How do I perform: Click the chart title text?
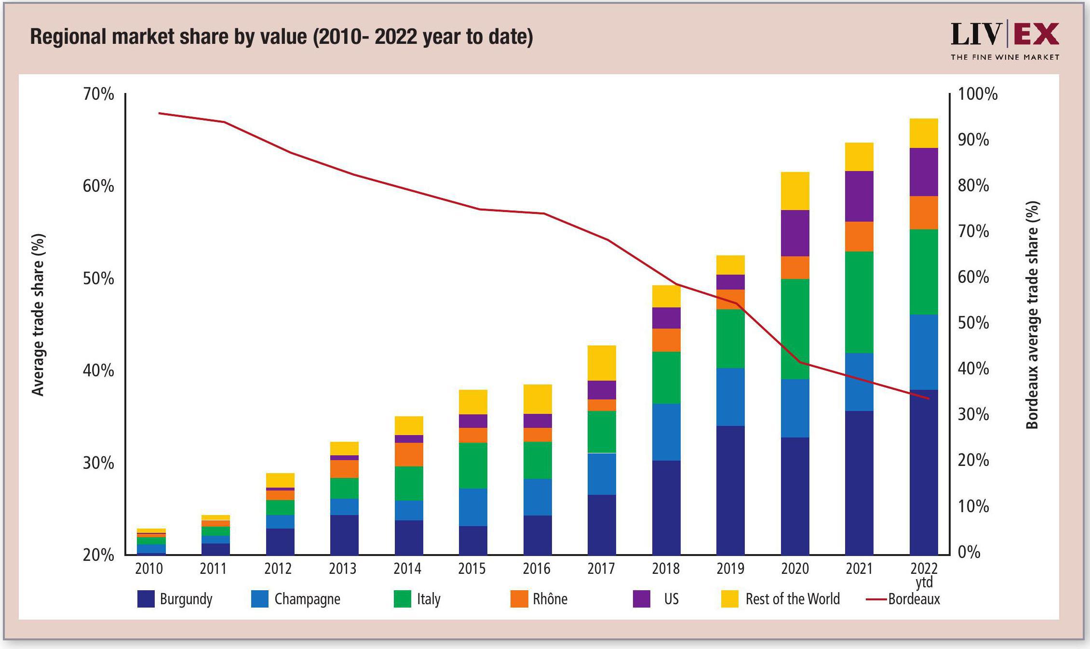click(282, 37)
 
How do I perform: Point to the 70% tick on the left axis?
click(98, 94)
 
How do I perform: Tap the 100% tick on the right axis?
click(978, 94)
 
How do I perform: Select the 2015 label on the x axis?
click(471, 569)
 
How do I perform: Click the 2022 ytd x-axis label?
click(924, 574)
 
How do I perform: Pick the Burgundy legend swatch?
click(146, 599)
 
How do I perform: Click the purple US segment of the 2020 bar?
click(795, 233)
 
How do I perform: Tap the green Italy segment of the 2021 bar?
click(859, 302)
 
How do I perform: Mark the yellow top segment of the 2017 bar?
click(602, 363)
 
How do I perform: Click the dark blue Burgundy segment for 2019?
click(730, 490)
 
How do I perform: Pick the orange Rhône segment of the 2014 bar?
click(409, 454)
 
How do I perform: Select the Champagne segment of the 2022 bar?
click(924, 352)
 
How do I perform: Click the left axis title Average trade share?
click(38, 315)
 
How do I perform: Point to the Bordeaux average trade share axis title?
click(1032, 315)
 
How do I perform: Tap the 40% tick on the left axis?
click(98, 371)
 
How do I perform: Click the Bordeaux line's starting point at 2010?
click(160, 113)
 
